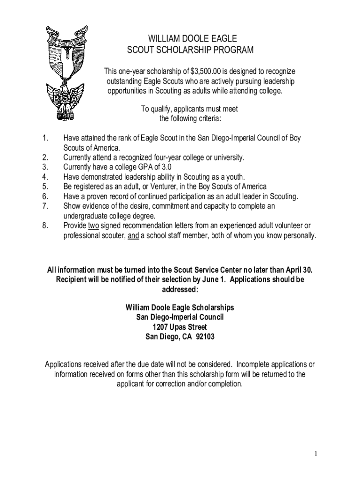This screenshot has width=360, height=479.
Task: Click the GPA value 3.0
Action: [171, 167]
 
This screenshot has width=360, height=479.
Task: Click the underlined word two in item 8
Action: [93, 225]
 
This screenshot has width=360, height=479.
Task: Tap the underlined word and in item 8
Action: [133, 235]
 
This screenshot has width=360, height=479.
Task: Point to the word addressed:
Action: [180, 290]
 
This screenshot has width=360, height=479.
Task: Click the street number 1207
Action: [162, 327]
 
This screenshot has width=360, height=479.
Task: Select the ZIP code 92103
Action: [205, 336]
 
